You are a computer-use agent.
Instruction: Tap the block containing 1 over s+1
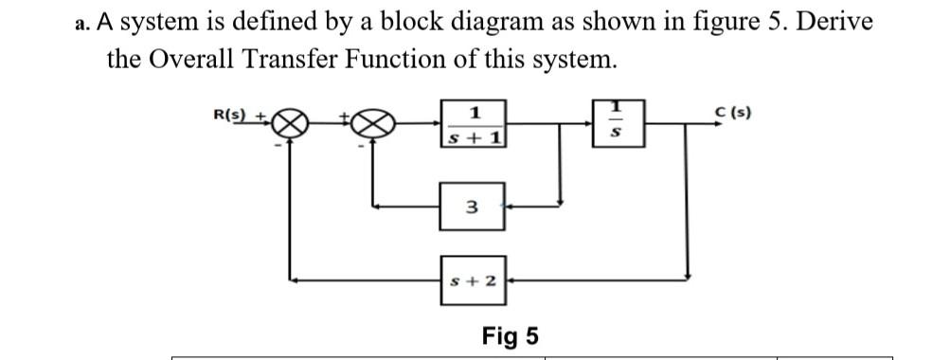(473, 124)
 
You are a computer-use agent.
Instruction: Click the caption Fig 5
(510, 335)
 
